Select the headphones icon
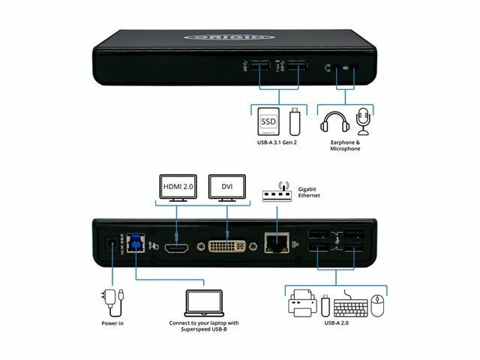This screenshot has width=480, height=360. (x=333, y=124)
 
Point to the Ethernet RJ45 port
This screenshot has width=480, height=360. (x=274, y=242)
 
